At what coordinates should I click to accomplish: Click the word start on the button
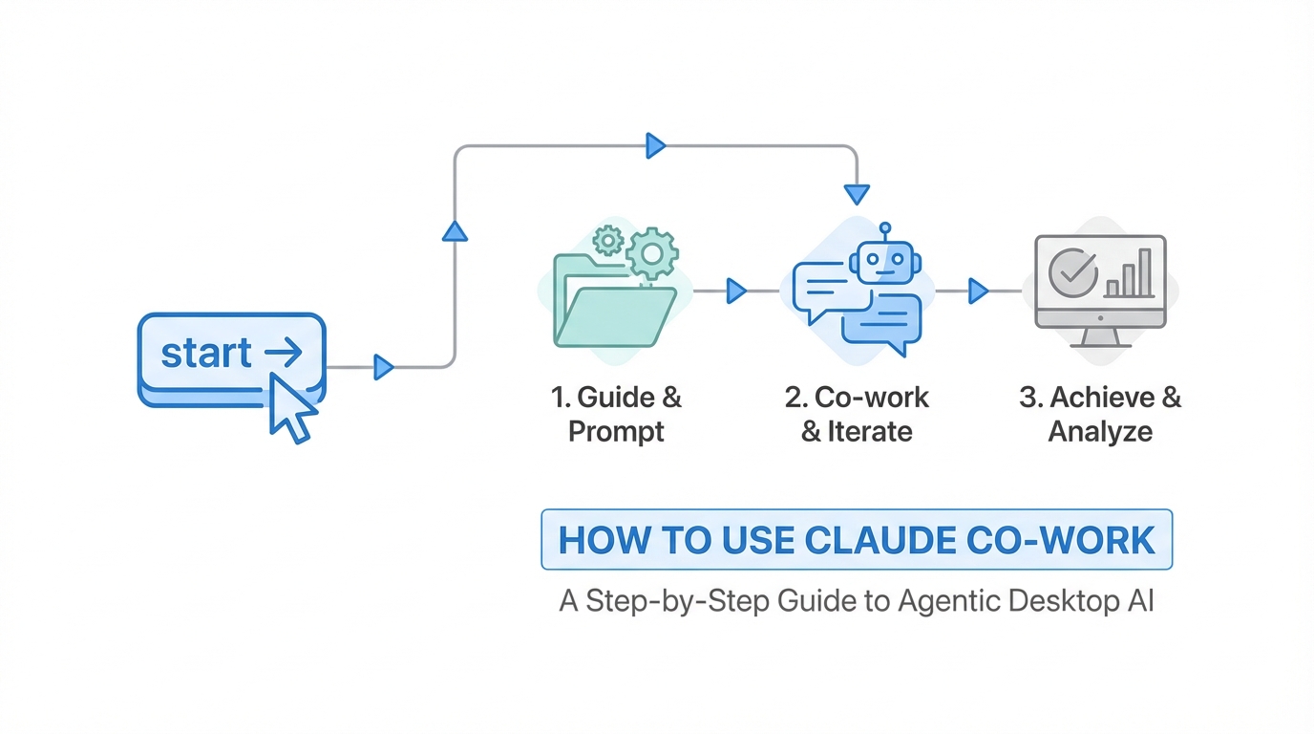(x=206, y=353)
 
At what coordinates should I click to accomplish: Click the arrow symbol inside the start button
(x=283, y=353)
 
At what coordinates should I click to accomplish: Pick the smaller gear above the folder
(x=607, y=240)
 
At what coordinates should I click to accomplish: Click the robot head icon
(x=885, y=261)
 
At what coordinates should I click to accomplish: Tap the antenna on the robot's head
(x=885, y=230)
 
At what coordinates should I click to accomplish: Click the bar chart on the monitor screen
(x=1130, y=276)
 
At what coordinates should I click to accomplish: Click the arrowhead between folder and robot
(x=735, y=291)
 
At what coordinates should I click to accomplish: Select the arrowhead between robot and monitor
(x=978, y=291)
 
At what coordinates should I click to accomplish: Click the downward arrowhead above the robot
(x=857, y=194)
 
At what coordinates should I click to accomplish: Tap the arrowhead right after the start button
(x=384, y=367)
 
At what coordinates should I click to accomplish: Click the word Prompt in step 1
(x=616, y=432)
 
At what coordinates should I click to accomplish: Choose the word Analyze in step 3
(x=1100, y=432)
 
